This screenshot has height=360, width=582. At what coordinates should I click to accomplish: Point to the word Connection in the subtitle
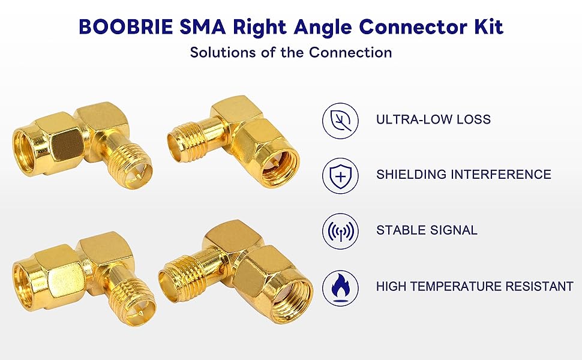tap(350, 52)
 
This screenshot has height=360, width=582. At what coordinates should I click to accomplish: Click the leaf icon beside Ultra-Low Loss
tap(340, 119)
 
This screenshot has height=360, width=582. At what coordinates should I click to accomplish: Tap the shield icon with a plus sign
tap(340, 175)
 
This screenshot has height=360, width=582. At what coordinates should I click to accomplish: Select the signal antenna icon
tap(340, 230)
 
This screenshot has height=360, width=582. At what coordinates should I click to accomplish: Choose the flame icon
tap(340, 286)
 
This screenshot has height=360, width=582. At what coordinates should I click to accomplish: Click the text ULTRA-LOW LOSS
tap(433, 119)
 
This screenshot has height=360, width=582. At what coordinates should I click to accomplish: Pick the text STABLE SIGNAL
tap(427, 230)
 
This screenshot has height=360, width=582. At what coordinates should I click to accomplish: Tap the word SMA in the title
tap(203, 27)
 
